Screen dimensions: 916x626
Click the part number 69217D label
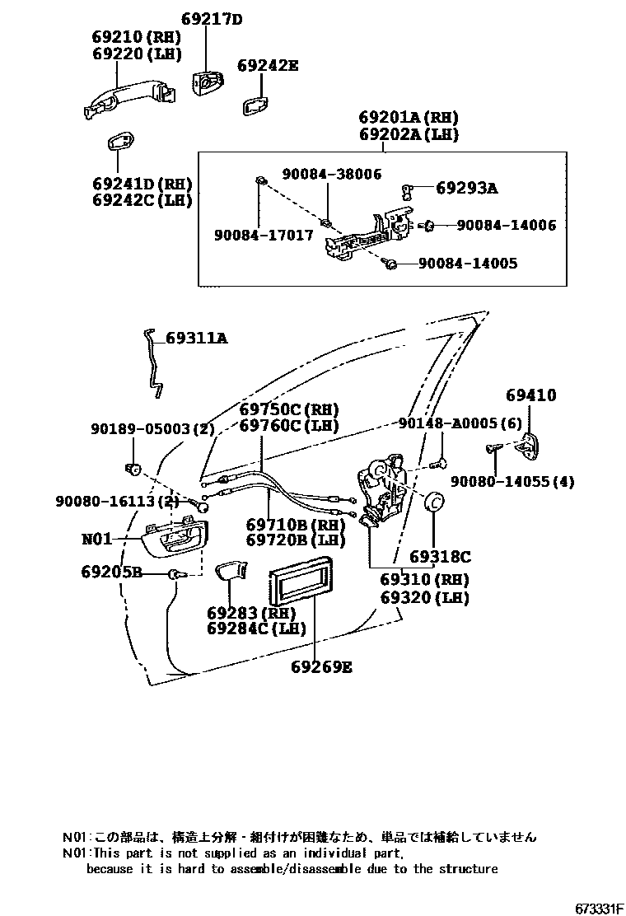coord(211,19)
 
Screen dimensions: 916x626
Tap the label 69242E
coord(268,65)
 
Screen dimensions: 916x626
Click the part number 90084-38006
coord(332,174)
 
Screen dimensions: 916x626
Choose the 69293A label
coord(466,189)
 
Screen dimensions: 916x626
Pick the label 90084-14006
coord(506,225)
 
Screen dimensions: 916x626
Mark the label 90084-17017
coord(264,235)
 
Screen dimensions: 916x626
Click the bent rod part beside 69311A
coord(153,359)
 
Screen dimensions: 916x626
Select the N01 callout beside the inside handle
coord(96,540)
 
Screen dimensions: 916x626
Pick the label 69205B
coord(112,572)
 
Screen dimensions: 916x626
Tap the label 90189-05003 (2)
coord(152,429)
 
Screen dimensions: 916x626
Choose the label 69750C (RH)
coord(289,409)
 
